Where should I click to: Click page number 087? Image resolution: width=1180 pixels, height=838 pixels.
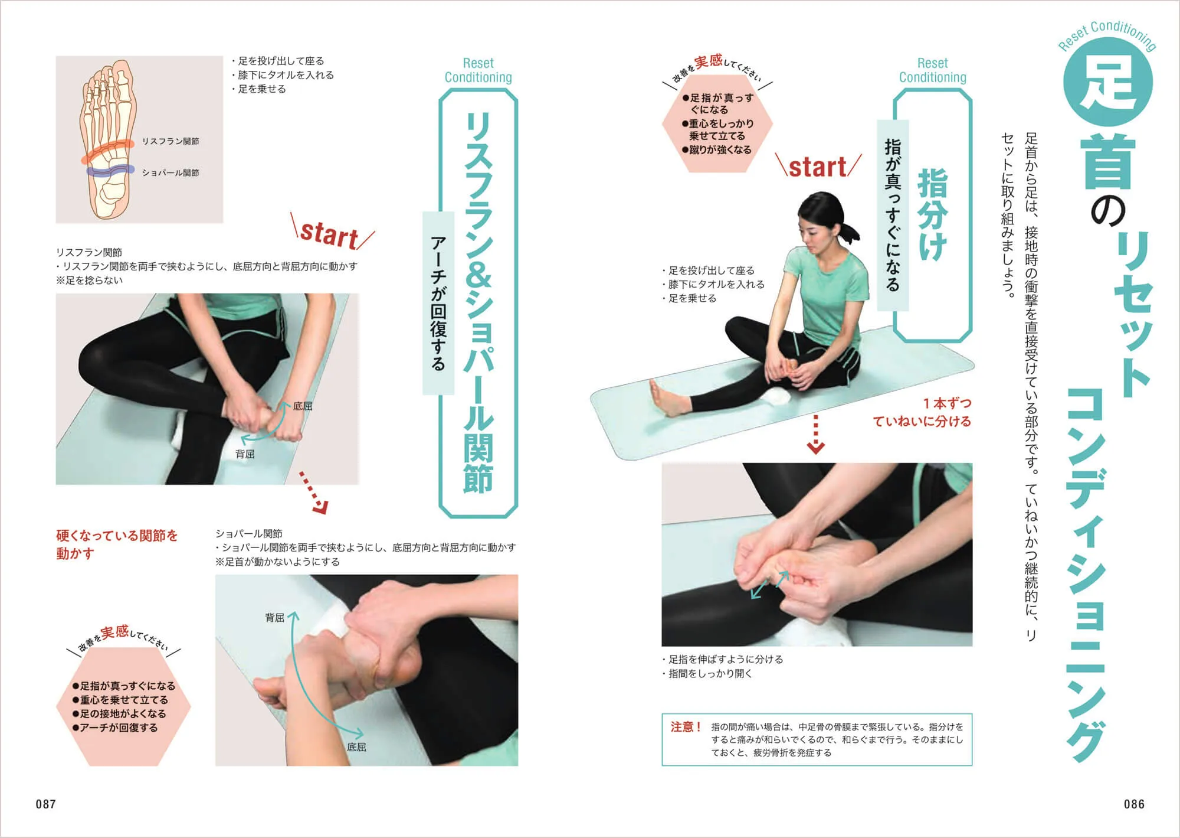pyautogui.click(x=45, y=804)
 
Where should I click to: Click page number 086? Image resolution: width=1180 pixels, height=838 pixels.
pyautogui.click(x=1134, y=804)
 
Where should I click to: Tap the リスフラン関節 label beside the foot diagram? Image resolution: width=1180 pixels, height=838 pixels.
pyautogui.click(x=171, y=141)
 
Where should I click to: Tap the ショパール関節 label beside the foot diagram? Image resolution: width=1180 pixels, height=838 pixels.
pyautogui.click(x=171, y=172)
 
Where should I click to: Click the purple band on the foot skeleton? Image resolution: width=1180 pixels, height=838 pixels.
pyautogui.click(x=109, y=171)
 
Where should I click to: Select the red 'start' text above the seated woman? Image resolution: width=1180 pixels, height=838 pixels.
pyautogui.click(x=818, y=167)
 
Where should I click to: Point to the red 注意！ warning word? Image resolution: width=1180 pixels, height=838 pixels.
pyautogui.click(x=685, y=727)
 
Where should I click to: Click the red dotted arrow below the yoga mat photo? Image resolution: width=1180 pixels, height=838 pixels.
pyautogui.click(x=815, y=434)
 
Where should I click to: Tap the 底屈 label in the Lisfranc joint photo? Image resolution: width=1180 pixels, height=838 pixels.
pyautogui.click(x=303, y=406)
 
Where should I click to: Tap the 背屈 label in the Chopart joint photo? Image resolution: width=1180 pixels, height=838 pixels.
pyautogui.click(x=274, y=618)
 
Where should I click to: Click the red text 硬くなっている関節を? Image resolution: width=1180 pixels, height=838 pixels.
pyautogui.click(x=117, y=536)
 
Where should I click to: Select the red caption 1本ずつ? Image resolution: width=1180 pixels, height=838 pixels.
pyautogui.click(x=947, y=403)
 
